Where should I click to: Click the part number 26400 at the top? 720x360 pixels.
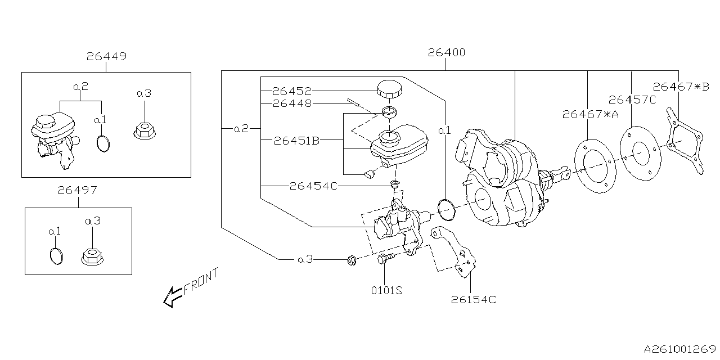tap(446, 53)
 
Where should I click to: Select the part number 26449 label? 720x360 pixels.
tap(106, 56)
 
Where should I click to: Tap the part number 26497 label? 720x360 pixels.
tap(77, 191)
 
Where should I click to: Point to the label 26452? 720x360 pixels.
tap(292, 91)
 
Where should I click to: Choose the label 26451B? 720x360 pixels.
tap(296, 141)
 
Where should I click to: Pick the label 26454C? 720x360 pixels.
tap(313, 186)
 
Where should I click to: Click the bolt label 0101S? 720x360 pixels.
tap(386, 290)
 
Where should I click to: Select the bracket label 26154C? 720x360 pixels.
tap(474, 300)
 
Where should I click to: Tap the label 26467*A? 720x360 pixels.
tap(590, 115)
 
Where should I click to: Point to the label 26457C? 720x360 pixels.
tap(633, 100)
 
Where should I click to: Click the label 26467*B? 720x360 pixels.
tap(681, 87)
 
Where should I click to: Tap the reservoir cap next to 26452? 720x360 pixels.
tap(388, 88)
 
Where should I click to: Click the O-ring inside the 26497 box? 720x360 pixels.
tap(56, 255)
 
